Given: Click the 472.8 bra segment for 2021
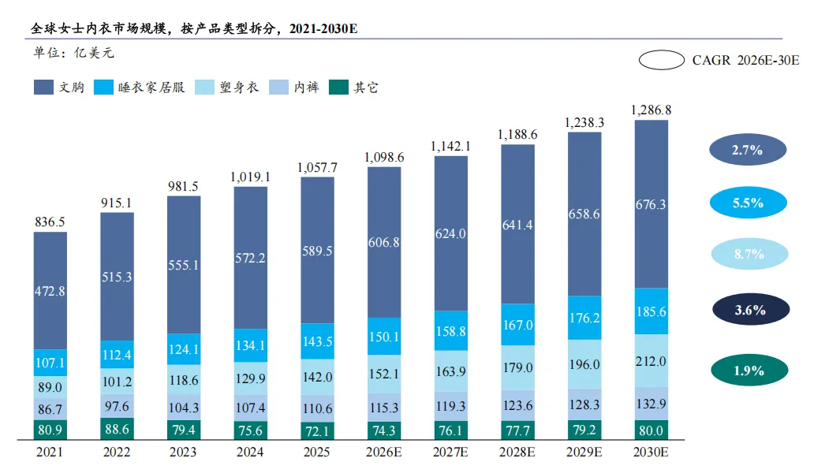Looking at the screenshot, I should (x=50, y=291).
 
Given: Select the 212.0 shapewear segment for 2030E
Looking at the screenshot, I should (x=651, y=361).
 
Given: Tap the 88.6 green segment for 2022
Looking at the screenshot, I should (x=117, y=430).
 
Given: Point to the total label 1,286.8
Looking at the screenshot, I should (x=651, y=110).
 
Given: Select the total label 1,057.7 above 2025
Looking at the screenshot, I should (x=317, y=167).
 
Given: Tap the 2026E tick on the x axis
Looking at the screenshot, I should (x=384, y=454).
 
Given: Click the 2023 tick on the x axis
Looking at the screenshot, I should (x=184, y=454).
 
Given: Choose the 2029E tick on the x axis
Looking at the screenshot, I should (x=584, y=454).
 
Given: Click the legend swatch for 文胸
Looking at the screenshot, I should (x=44, y=88).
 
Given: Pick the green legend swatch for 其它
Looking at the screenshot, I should (x=338, y=88).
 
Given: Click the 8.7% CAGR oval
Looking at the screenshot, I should (x=748, y=255).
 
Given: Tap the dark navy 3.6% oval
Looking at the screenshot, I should (x=748, y=310).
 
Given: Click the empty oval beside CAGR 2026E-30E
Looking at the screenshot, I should (x=661, y=60).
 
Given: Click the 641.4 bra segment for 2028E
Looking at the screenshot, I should (x=517, y=225).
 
